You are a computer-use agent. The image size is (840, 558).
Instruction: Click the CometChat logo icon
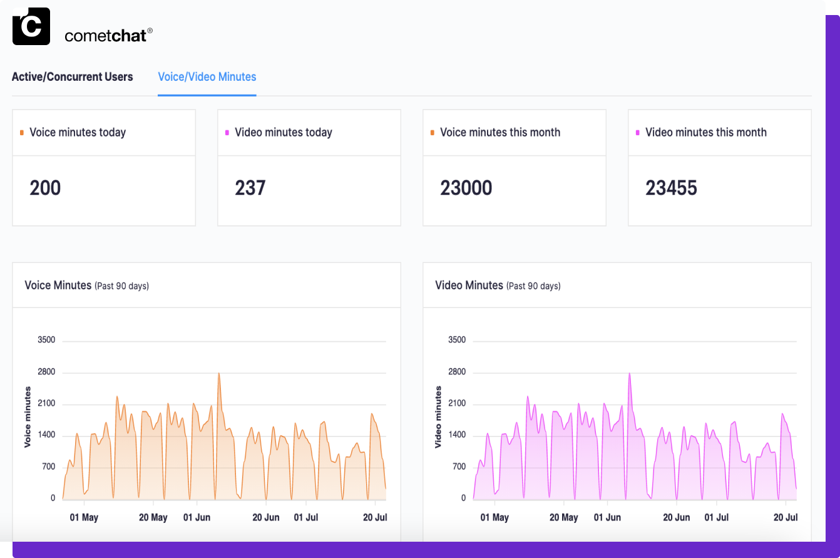pos(31,26)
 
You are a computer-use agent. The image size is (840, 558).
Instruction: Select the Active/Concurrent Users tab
pos(73,77)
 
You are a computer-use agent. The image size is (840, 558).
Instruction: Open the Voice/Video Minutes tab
pos(207,77)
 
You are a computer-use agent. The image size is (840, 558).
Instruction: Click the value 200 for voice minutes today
pos(45,188)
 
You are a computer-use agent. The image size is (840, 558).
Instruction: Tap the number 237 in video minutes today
pos(250,188)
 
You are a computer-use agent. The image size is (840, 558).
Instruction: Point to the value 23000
pos(466,188)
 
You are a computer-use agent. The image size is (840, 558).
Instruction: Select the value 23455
pos(671,188)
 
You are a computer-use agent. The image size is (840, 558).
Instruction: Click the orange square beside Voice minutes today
pos(22,133)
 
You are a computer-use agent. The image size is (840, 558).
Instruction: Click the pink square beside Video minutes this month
pos(638,133)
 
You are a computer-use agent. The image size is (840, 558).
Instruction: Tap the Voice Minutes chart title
pos(58,286)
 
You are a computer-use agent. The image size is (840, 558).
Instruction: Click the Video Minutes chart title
pos(469,286)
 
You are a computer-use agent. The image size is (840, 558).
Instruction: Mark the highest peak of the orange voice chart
pos(218,374)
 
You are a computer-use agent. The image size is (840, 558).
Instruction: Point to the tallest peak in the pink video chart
pos(629,374)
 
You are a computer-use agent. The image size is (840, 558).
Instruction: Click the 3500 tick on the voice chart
pos(46,340)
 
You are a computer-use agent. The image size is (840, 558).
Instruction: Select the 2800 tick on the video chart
pos(457,372)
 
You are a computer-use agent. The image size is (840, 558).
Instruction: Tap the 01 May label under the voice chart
pos(84,518)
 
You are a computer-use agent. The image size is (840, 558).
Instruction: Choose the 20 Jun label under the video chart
pos(677,518)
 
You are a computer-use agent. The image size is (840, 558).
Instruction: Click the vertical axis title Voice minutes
pos(28,417)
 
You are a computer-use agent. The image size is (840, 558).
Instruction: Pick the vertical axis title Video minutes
pos(438,417)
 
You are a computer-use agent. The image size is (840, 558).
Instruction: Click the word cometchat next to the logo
pos(106,36)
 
